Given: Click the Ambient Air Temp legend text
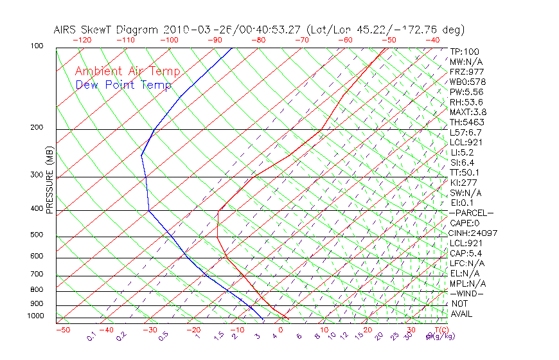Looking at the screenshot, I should coord(127,71).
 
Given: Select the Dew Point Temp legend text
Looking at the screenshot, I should coord(123,85).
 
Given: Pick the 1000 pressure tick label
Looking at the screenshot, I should coord(35,316).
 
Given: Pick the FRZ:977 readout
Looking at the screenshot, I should coord(466,72).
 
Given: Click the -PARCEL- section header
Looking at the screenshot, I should coord(472,213).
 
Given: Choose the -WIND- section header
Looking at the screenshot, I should coord(467,293).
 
